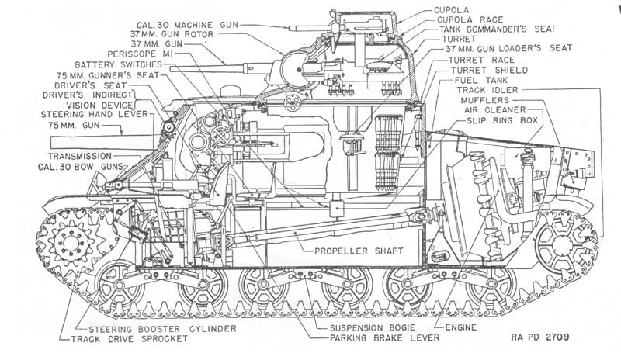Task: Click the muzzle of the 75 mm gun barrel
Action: tap(51, 142)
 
